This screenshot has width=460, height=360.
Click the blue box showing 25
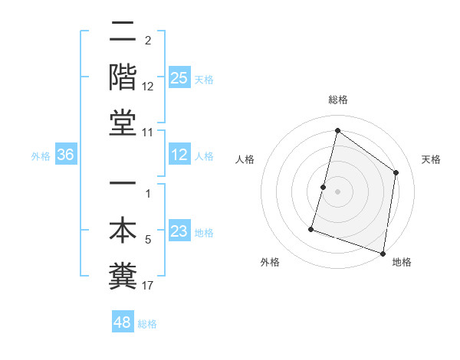pyautogui.click(x=179, y=77)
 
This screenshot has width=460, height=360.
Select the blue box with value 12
pyautogui.click(x=179, y=155)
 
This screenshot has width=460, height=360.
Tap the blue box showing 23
pyautogui.click(x=179, y=232)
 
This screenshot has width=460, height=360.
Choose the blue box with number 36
pyautogui.click(x=66, y=155)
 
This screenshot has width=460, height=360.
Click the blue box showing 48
pyautogui.click(x=122, y=322)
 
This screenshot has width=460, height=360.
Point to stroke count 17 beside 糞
pyautogui.click(x=148, y=286)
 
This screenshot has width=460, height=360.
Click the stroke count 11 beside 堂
pyautogui.click(x=148, y=133)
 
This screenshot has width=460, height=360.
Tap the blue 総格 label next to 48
pyautogui.click(x=148, y=324)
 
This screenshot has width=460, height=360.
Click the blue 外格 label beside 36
pyautogui.click(x=41, y=156)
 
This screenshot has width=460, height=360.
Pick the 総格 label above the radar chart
pyautogui.click(x=337, y=100)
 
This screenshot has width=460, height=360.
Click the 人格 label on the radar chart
pyautogui.click(x=245, y=159)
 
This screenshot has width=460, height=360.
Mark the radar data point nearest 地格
pyautogui.click(x=383, y=253)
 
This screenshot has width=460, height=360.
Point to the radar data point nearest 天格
pyautogui.click(x=396, y=172)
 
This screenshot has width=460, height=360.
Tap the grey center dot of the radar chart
pyautogui.click(x=337, y=191)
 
